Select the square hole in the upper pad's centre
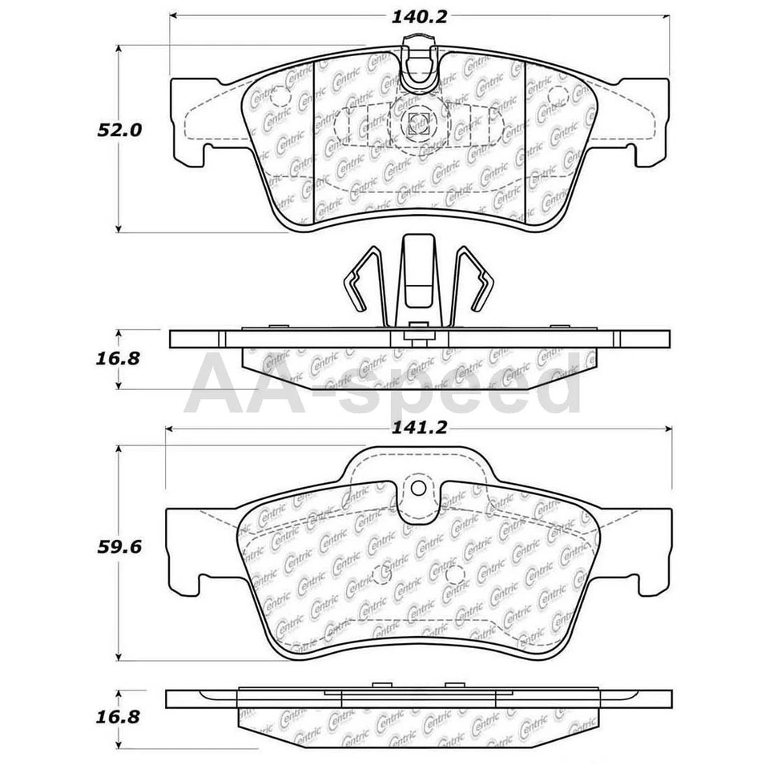(417, 123)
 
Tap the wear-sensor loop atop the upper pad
(418, 68)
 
